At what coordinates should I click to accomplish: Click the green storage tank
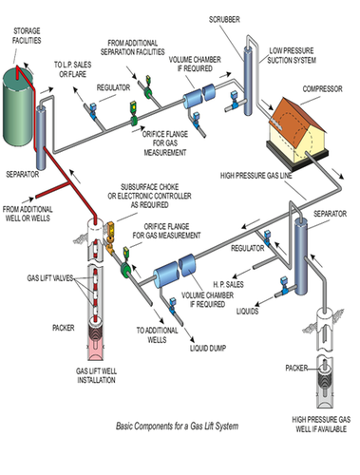(18, 106)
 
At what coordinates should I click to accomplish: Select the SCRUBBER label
(224, 19)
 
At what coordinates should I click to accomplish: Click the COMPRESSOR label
(322, 88)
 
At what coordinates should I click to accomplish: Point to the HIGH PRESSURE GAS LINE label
(256, 175)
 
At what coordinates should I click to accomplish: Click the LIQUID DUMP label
(208, 348)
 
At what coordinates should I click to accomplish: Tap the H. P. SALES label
(228, 284)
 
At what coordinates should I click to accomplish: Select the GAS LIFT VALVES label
(50, 278)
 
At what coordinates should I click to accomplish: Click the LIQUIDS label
(247, 311)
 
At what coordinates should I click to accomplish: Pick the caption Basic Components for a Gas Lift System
(177, 426)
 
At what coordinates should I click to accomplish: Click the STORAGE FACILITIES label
(27, 35)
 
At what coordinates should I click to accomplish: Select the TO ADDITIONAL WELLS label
(157, 335)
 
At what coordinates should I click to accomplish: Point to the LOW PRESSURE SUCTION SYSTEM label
(292, 55)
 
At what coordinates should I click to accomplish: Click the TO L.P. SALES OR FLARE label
(72, 69)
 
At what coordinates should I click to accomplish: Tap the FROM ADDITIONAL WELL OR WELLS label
(28, 214)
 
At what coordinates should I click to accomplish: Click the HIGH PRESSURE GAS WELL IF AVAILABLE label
(321, 425)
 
